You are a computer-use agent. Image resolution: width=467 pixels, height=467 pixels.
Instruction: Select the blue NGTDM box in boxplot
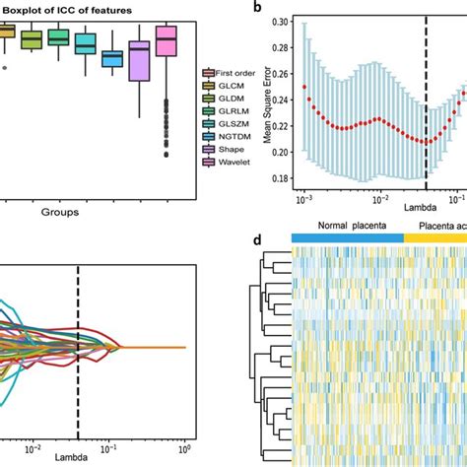(112, 59)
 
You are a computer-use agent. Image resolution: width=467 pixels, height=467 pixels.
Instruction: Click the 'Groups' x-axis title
(60, 210)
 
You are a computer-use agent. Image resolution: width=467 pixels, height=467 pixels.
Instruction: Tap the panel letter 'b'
(257, 7)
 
